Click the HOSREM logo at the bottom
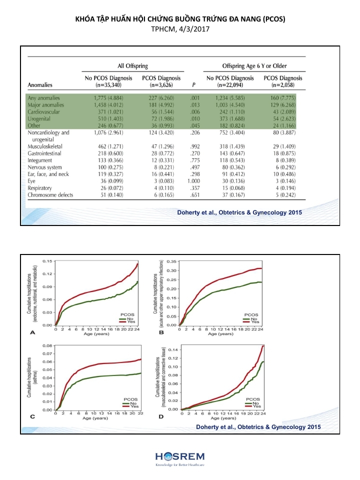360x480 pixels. (179, 458)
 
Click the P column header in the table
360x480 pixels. (192, 85)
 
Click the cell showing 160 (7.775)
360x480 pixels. (282, 97)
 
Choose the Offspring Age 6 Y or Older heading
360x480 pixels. (254, 66)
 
